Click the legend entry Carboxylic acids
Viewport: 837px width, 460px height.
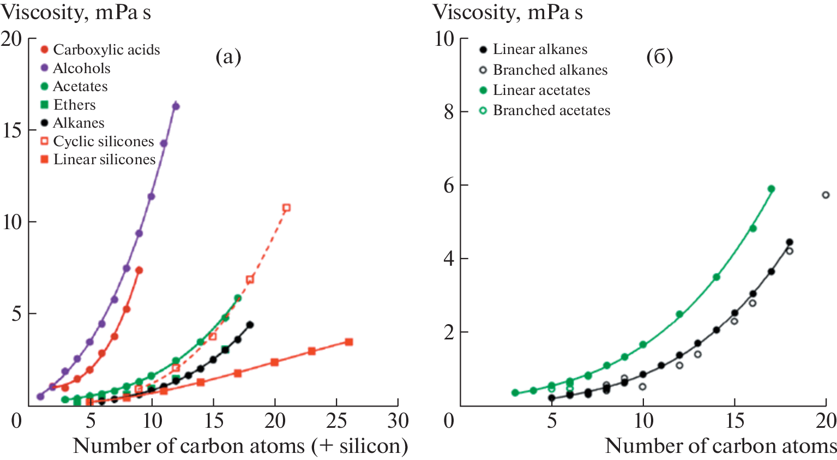[106, 50]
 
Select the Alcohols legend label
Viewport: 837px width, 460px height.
[81, 68]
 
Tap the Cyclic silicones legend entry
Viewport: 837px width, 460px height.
[103, 141]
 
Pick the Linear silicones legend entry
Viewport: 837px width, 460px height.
[104, 159]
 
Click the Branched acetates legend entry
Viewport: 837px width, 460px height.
[551, 110]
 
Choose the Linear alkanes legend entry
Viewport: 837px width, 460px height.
[540, 49]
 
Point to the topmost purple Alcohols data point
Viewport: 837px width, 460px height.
[176, 106]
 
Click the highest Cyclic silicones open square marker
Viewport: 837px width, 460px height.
[286, 208]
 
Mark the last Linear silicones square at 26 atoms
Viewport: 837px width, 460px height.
[349, 342]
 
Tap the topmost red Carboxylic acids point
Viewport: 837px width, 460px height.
[139, 270]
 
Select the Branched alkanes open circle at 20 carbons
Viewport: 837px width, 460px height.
[826, 195]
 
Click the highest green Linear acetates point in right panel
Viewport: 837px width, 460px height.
[771, 189]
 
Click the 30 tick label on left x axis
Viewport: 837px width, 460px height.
[398, 421]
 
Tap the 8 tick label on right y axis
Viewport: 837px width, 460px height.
[449, 111]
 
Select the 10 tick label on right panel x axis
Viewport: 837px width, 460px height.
[643, 421]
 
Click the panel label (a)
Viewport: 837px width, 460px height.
[228, 56]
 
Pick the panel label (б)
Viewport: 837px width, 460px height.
[659, 56]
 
